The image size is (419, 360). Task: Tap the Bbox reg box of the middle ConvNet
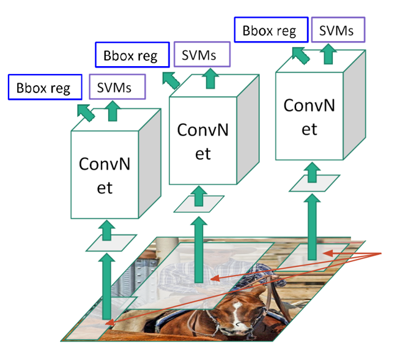click(x=131, y=56)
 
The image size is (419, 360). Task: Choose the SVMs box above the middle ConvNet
click(x=202, y=55)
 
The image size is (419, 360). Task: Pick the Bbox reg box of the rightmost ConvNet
click(x=270, y=30)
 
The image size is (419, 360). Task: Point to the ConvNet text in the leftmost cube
click(x=105, y=175)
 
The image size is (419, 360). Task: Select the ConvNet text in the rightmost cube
click(x=310, y=116)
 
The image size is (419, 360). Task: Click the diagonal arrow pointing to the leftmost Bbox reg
click(x=86, y=112)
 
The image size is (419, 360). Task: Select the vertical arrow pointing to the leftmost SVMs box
click(x=112, y=111)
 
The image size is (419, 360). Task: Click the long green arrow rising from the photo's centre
click(x=198, y=251)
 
